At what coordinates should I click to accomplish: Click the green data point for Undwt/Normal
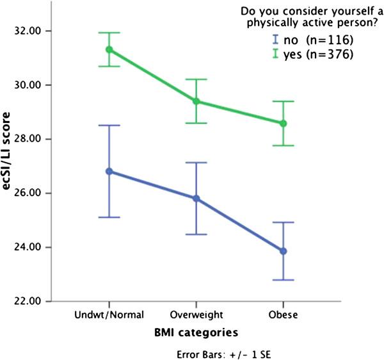click(x=109, y=49)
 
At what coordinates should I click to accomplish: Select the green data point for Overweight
click(x=196, y=101)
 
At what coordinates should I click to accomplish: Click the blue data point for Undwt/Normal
click(x=109, y=171)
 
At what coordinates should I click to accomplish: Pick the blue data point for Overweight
click(x=196, y=199)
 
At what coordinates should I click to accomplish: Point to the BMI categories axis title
click(x=196, y=333)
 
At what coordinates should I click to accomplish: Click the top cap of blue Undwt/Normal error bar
click(x=109, y=126)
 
